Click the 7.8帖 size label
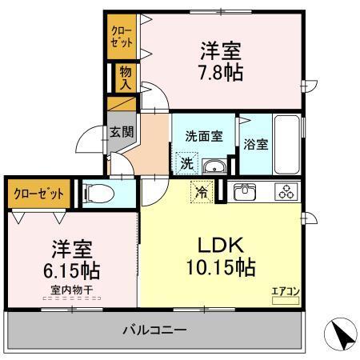click(x=222, y=72)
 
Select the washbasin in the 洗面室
click(x=214, y=166)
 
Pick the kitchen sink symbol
click(x=243, y=192)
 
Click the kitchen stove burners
click(x=285, y=192)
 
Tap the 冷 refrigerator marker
click(x=202, y=192)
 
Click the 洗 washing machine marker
click(x=186, y=163)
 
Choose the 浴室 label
click(x=256, y=145)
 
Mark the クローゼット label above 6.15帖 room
click(x=38, y=193)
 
